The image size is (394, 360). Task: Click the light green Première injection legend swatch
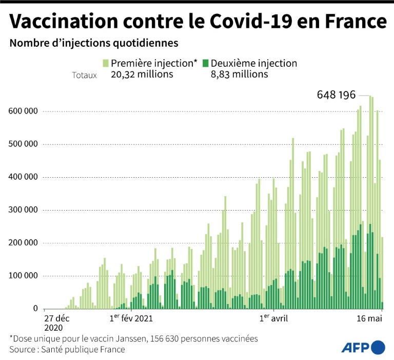[105, 63]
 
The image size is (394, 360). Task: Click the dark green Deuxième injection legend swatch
[206, 63]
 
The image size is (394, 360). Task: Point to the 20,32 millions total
[142, 74]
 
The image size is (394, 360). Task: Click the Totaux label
[84, 75]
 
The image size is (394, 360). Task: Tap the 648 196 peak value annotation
[340, 95]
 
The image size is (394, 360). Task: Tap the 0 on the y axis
[36, 309]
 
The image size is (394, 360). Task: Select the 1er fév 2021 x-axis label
[131, 318]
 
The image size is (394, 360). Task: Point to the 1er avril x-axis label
[273, 318]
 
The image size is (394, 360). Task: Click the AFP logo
[363, 347]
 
